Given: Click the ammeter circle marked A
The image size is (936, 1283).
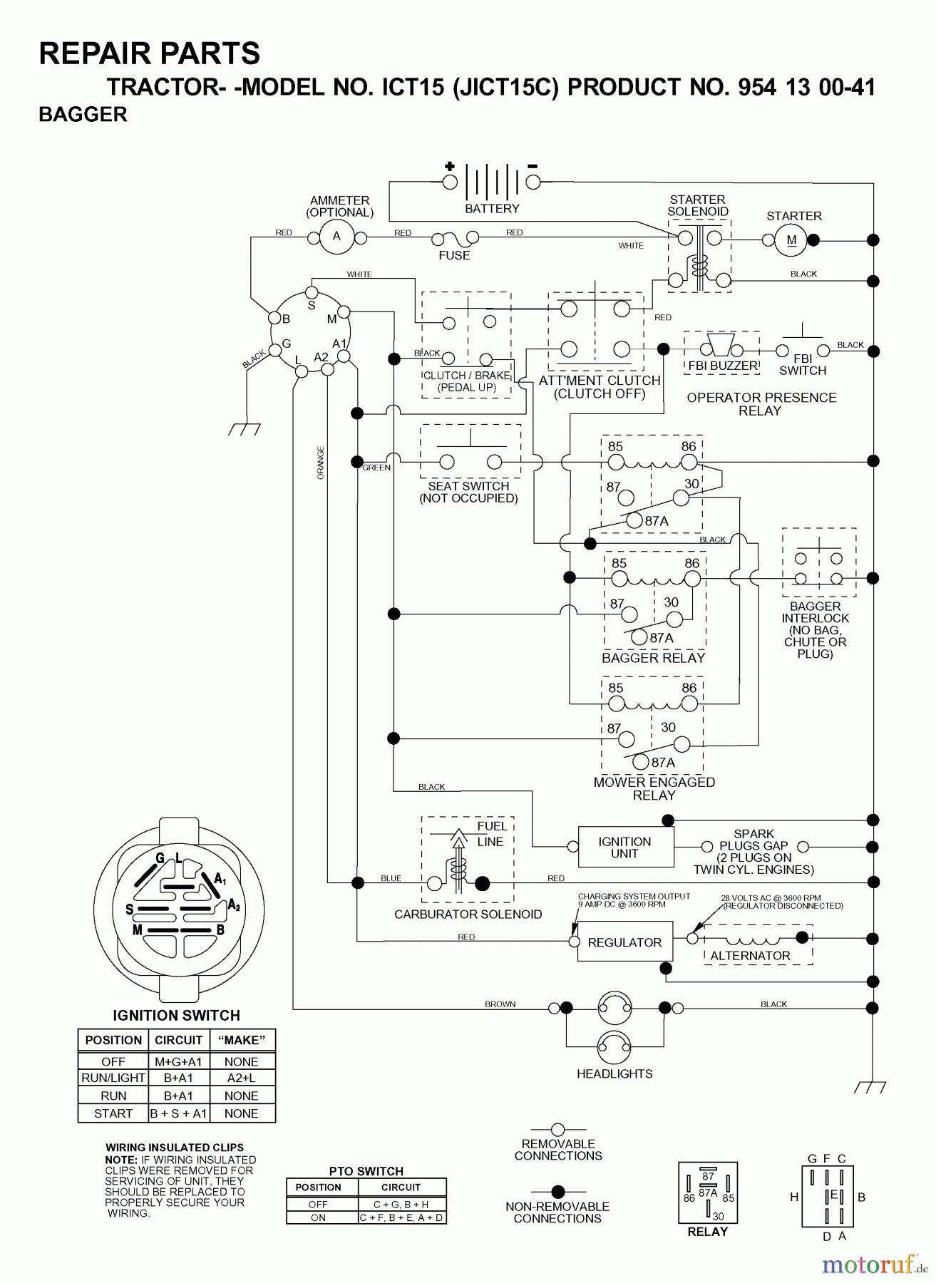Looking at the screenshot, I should pos(336,236).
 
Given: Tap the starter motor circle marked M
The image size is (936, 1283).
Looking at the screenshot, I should pos(791,240).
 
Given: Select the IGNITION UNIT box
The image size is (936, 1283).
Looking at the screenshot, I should pos(625,847).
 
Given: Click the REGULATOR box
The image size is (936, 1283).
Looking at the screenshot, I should pos(624,942).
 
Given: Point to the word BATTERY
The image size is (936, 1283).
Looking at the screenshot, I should pos(492,209).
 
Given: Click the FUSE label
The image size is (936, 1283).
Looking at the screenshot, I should pos(454,255).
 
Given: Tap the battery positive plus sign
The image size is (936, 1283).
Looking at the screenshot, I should pos(450,167).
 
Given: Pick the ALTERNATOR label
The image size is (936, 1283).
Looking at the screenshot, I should pos(750,956).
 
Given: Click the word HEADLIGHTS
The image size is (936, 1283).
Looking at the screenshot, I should pos(614,1073).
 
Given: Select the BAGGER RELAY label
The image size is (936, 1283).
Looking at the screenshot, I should pos(653,658).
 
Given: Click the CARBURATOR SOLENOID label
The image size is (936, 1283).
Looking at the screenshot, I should pos(468,914).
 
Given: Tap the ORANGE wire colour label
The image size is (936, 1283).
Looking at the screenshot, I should pos(321,463).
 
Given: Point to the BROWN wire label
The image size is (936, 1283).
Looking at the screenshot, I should pos(500,1004).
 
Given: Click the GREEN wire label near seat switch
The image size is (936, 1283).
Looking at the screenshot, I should pos(376,468).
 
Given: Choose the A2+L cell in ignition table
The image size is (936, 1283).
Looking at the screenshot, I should pos(241,1078).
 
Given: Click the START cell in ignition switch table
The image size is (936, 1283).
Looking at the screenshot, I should pos(113,1113).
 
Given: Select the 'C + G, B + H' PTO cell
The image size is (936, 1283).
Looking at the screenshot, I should pos(401,1204).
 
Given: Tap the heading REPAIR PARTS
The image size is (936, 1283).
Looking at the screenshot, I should pos(150,53).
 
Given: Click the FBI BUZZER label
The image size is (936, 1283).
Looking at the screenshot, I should pos(722,366).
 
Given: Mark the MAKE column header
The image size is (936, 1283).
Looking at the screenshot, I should pos(241,1040).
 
